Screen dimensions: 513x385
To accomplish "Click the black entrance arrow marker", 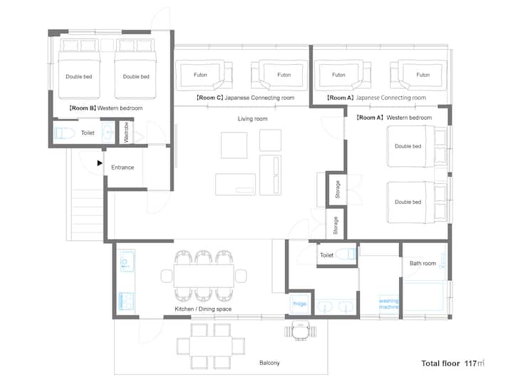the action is pos(100,163).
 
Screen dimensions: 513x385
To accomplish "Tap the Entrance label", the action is pos(123,168).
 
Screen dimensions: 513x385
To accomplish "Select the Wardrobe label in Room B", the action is pos(126,133).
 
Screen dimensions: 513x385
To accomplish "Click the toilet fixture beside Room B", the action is pos(65,133).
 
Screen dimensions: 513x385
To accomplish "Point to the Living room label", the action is pos(252,119).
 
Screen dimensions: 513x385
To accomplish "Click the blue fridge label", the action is pos(299,304).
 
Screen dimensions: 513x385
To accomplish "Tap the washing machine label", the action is pos(389,304).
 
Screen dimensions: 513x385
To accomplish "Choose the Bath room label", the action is pos(423,263).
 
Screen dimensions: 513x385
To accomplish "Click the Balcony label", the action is pos(269,363).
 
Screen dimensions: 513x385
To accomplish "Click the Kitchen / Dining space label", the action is pos(203,309).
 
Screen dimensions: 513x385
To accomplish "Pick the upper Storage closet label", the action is pos(337,189).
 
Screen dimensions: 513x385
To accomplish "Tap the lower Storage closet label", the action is pos(336,225).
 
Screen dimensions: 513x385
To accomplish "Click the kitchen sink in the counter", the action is pos(127,261).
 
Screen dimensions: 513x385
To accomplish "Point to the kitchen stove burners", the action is pos(126,302).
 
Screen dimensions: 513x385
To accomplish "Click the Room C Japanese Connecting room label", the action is pos(245,98).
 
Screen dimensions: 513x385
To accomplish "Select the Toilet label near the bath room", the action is pos(326,255).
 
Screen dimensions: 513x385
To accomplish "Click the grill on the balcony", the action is pos(301,331).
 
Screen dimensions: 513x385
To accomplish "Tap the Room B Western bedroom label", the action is pos(105,108).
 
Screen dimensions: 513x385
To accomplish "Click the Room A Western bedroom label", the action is pos(394,118).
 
